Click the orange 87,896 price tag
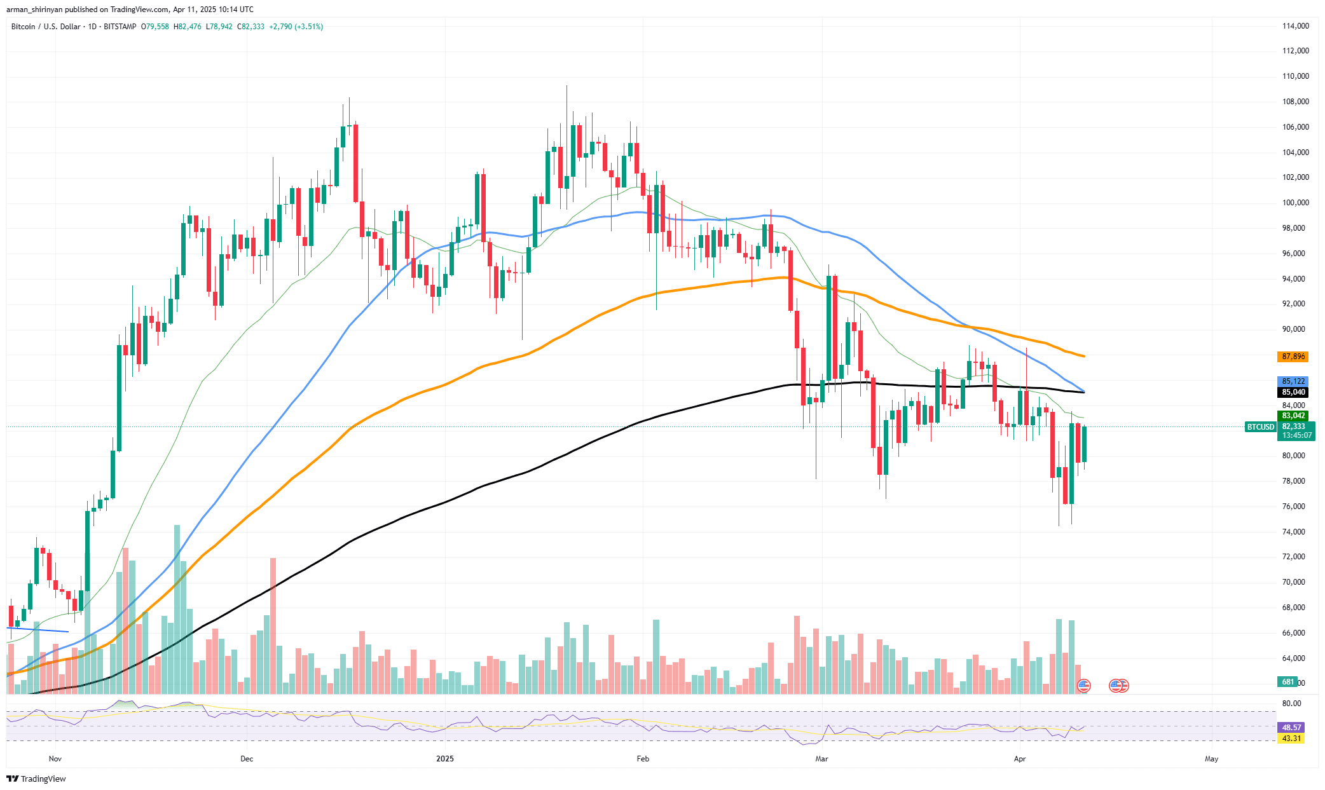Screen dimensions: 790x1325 [x=1293, y=357]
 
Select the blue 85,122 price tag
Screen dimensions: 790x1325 [x=1293, y=381]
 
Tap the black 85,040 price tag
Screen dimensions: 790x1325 [x=1293, y=392]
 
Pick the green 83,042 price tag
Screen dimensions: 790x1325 [x=1293, y=416]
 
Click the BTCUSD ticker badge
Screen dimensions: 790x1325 [x=1260, y=427]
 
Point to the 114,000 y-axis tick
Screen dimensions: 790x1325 [x=1295, y=26]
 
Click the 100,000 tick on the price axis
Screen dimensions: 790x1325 [x=1295, y=203]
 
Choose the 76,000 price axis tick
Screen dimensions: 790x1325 [x=1294, y=507]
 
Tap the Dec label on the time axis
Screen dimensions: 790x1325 [x=247, y=759]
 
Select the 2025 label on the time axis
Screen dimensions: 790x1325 [x=445, y=759]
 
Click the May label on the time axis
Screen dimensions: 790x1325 [x=1211, y=759]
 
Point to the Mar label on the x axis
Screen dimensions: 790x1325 [x=821, y=759]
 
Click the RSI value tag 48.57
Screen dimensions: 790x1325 [x=1291, y=727]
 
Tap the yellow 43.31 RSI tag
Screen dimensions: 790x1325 [x=1291, y=739]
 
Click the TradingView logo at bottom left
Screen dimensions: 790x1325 [x=36, y=779]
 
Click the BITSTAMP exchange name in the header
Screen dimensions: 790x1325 [x=120, y=27]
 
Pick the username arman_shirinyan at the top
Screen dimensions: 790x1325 [x=36, y=10]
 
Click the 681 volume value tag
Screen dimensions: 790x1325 [x=1287, y=682]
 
